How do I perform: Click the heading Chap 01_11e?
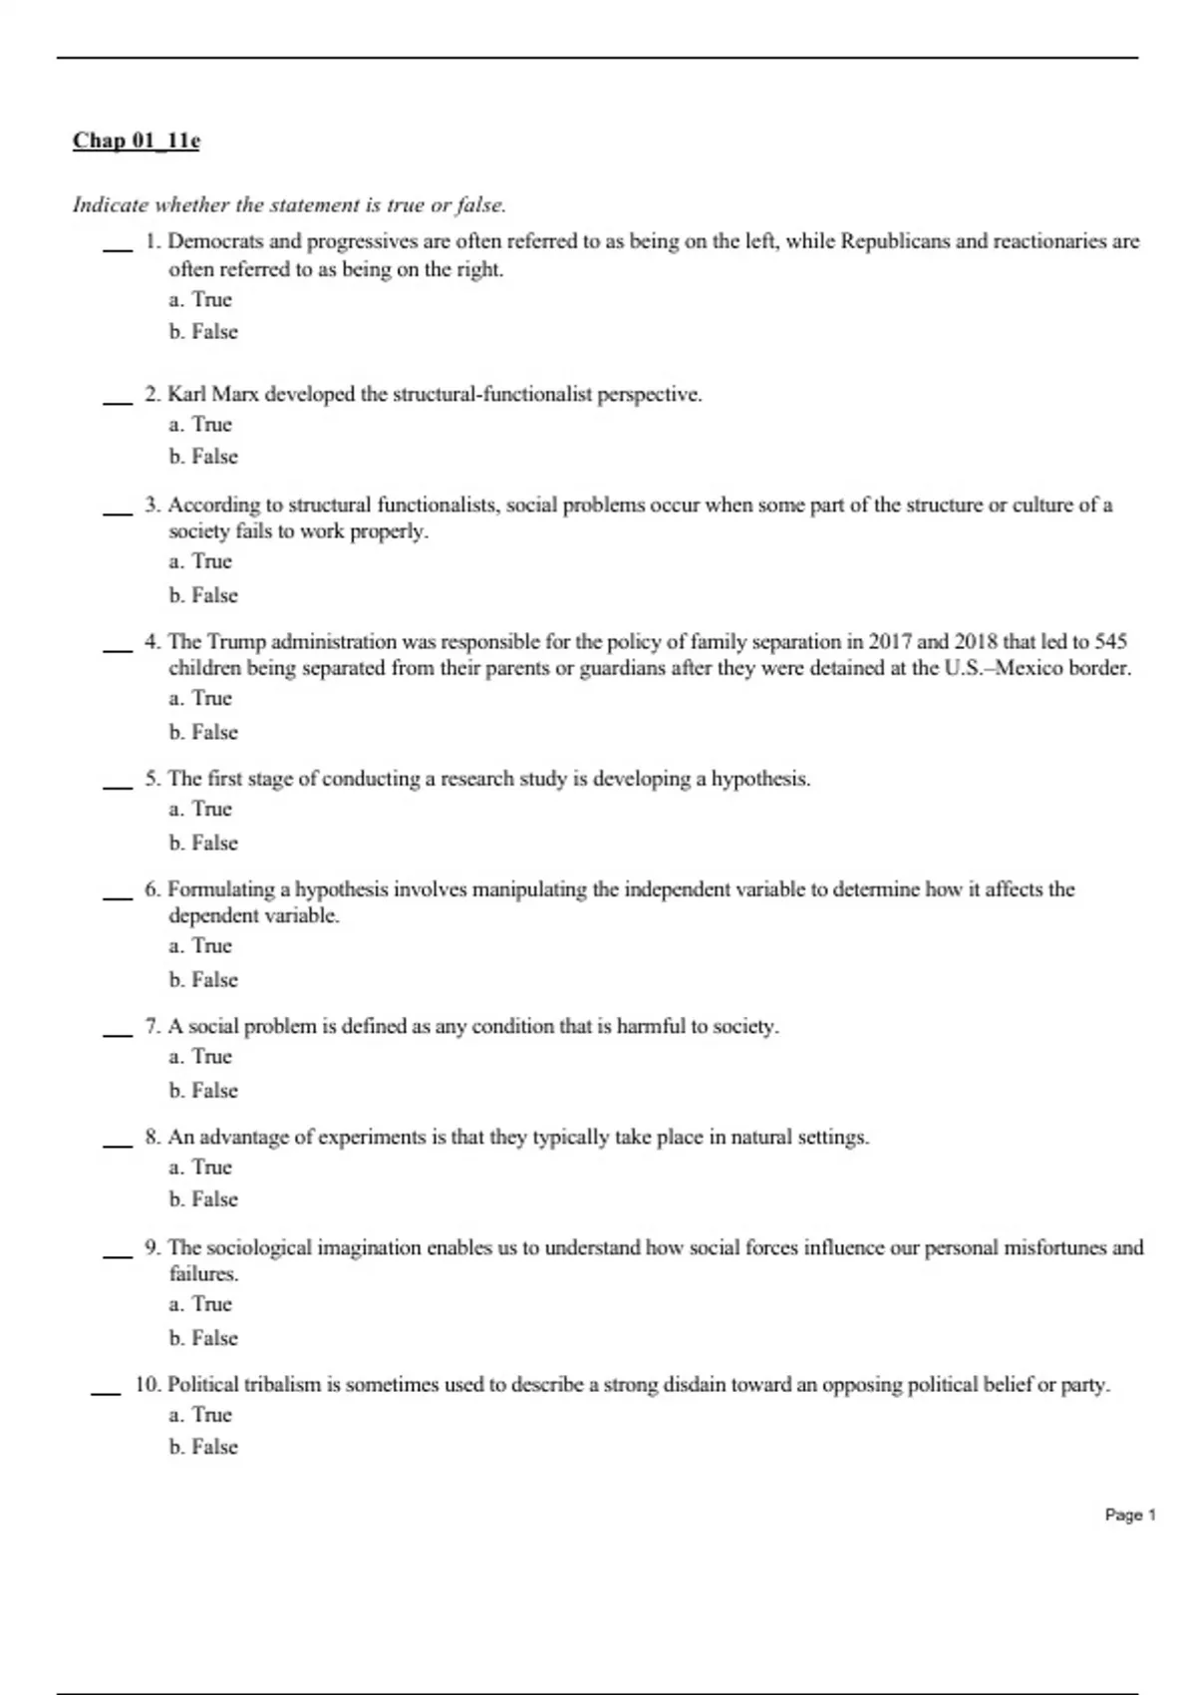(136, 141)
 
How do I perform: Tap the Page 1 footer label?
(1130, 1515)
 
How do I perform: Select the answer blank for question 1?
(118, 250)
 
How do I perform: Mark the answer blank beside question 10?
(106, 1393)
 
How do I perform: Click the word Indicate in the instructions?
(110, 205)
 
